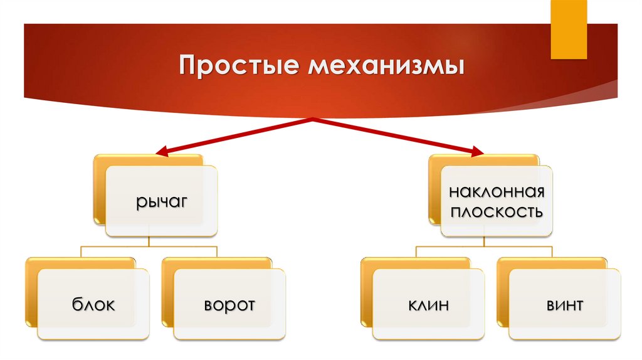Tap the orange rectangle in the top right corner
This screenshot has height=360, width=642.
pyautogui.click(x=568, y=28)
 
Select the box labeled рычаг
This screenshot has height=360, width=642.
pyautogui.click(x=160, y=201)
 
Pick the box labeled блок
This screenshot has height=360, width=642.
pyautogui.click(x=93, y=305)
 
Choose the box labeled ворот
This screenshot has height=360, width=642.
pyautogui.click(x=229, y=305)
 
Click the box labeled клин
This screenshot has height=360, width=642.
pyautogui.click(x=428, y=305)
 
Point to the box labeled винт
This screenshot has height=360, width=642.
pyautogui.click(x=564, y=305)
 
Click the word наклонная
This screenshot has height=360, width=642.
pyautogui.click(x=496, y=191)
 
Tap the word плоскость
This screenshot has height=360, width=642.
pyautogui.click(x=496, y=211)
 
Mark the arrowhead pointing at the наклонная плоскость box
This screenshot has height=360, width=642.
pyautogui.click(x=478, y=152)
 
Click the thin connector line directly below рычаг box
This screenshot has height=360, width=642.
pyautogui.click(x=149, y=241)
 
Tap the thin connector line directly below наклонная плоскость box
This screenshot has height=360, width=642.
pyautogui.click(x=484, y=241)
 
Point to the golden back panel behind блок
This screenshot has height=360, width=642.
pyautogui.click(x=31, y=295)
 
